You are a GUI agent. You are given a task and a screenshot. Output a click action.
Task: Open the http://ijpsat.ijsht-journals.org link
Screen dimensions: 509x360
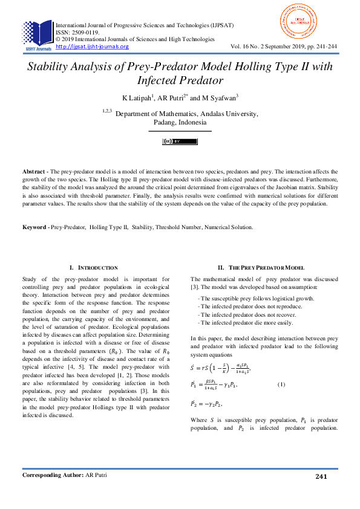click(x=92, y=47)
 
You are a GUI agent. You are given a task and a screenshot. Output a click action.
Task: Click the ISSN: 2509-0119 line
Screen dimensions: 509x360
click(x=79, y=33)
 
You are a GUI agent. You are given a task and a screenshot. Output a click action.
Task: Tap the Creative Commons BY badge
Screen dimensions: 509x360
click(x=180, y=141)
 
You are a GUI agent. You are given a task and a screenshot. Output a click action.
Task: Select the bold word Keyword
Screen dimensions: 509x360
click(x=36, y=227)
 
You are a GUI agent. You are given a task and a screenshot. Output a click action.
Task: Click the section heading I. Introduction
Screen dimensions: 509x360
click(x=93, y=267)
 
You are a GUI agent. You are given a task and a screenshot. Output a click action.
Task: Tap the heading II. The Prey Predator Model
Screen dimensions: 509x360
click(x=260, y=267)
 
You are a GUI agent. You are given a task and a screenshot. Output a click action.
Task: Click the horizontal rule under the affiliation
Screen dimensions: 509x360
click(x=180, y=131)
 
